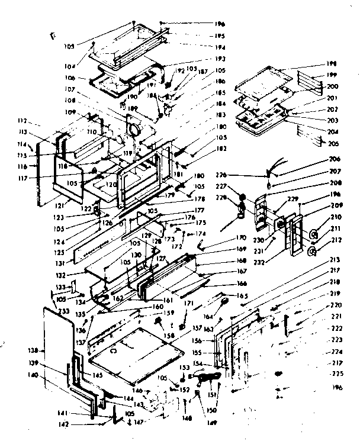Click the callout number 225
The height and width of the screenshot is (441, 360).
coord(337,374)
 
